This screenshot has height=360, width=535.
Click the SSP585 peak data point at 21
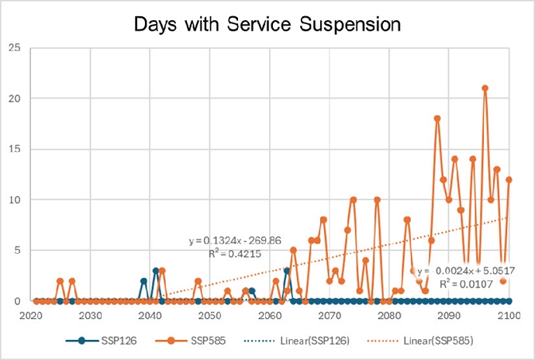485,88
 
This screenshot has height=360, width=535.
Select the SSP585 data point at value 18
437,119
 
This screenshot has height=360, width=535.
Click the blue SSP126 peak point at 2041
156,271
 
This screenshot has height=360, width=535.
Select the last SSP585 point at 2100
509,179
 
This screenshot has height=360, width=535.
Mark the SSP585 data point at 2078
378,199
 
